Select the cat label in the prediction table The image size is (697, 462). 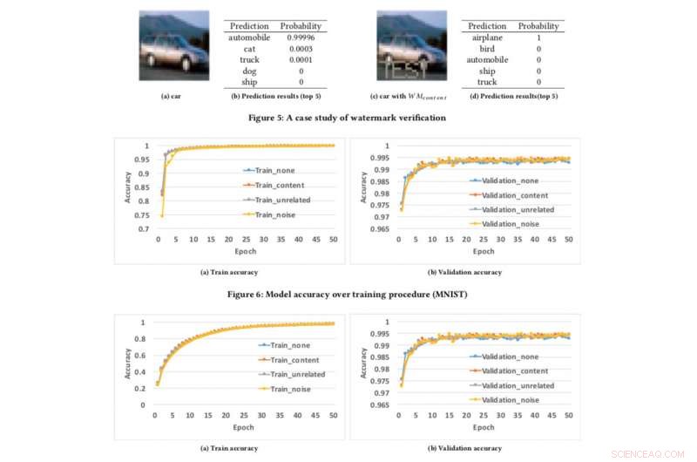[x=249, y=50]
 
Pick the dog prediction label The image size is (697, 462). [x=249, y=71]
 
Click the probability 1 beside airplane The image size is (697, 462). [x=538, y=38]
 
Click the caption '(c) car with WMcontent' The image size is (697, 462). [x=407, y=96]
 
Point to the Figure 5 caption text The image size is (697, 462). [x=347, y=116]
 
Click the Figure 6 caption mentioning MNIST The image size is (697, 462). [x=347, y=295]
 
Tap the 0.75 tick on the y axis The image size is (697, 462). [x=143, y=215]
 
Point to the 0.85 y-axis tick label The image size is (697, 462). [x=143, y=187]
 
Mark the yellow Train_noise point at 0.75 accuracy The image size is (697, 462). [x=161, y=215]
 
